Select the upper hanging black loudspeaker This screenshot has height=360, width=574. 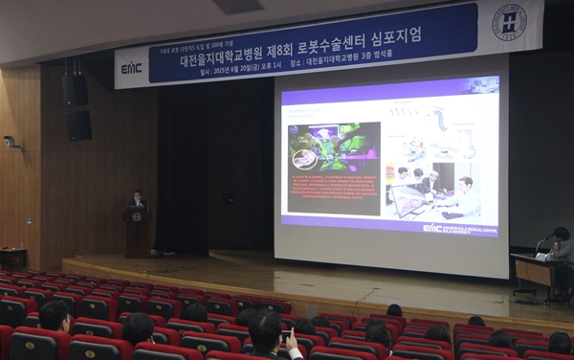(x=76, y=91)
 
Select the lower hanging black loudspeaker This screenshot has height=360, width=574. (x=79, y=124)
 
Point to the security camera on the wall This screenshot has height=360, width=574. (x=11, y=142)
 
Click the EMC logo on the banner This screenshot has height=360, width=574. (x=131, y=68)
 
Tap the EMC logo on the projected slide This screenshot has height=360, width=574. (x=432, y=228)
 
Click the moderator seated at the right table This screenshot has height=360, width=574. (x=560, y=245)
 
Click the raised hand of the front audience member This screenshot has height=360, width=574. (x=289, y=339)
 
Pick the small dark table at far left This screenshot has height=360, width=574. (x=13, y=258)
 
